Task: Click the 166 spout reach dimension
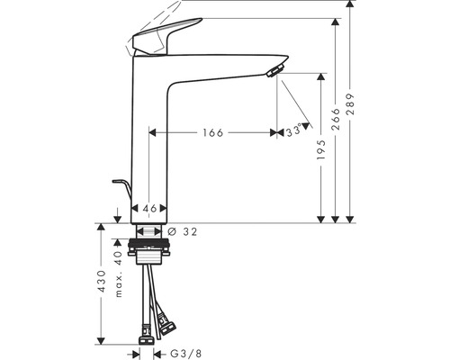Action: click(x=213, y=132)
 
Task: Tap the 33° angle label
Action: click(x=293, y=130)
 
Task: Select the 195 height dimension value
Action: click(x=320, y=149)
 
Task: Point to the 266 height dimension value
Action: click(x=336, y=119)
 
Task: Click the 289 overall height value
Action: click(x=350, y=104)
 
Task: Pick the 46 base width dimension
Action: click(x=149, y=208)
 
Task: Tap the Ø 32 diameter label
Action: click(x=183, y=231)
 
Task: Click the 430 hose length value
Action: click(x=102, y=282)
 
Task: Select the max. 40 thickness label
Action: click(x=119, y=274)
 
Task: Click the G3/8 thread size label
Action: click(x=186, y=354)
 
